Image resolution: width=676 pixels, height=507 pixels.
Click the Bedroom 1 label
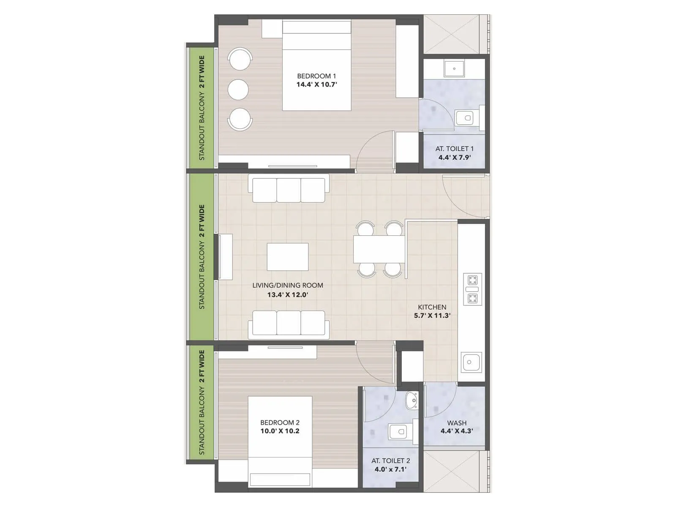(316, 76)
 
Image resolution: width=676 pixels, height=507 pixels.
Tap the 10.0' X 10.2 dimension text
(280, 431)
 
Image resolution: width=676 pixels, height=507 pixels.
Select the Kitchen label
(432, 307)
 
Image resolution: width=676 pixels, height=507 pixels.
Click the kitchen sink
(471, 362)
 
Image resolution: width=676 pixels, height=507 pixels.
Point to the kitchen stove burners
(472, 289)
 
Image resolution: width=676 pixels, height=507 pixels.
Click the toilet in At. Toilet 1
(468, 117)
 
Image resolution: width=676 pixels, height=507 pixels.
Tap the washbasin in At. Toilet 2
(412, 400)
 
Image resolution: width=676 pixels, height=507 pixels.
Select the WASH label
(457, 423)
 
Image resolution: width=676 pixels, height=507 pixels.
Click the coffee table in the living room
(288, 257)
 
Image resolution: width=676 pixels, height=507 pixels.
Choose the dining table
(379, 249)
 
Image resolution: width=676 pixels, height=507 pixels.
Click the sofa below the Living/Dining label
(289, 324)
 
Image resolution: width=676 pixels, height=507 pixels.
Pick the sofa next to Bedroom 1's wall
(289, 190)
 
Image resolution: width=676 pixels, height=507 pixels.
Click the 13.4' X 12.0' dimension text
(287, 294)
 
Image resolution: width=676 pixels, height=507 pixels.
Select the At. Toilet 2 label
(390, 461)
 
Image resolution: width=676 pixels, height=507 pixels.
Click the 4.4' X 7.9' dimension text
(454, 158)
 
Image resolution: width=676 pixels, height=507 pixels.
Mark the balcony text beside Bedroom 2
(202, 402)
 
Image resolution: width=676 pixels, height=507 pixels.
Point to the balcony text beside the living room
(202, 257)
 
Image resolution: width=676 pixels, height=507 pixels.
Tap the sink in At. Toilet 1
(454, 68)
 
